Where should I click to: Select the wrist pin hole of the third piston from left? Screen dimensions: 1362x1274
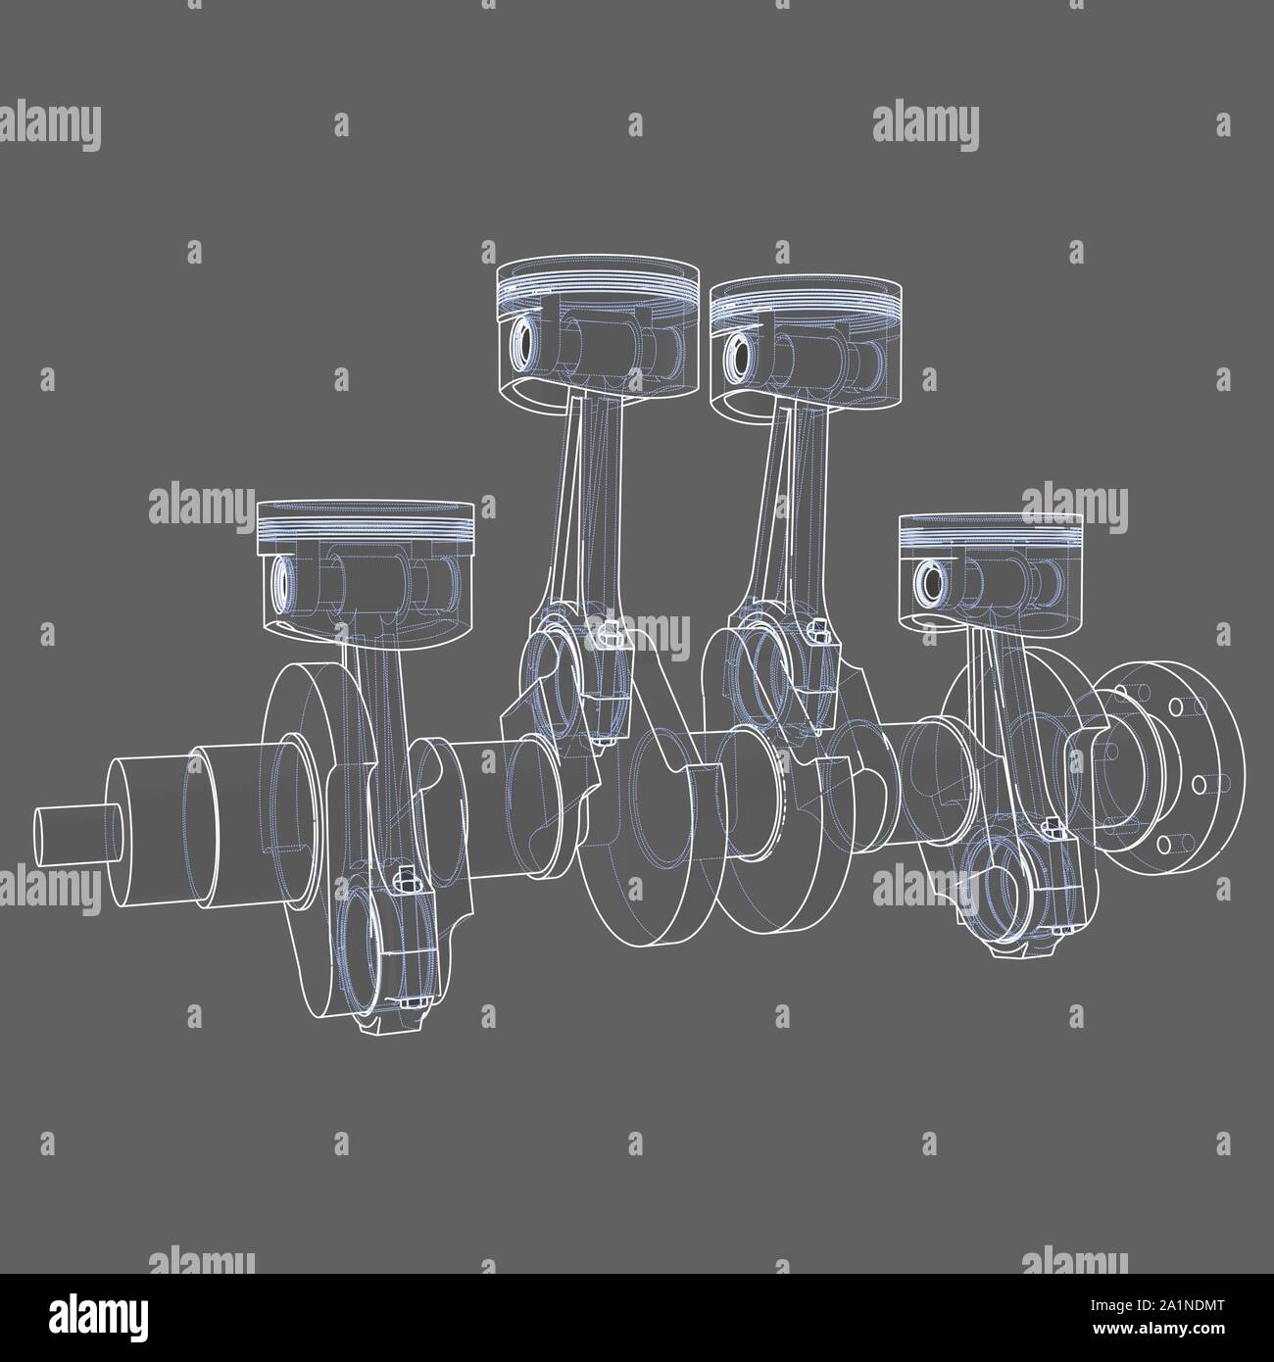coord(735,351)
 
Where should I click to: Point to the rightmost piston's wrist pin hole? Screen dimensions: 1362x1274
coord(927,584)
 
